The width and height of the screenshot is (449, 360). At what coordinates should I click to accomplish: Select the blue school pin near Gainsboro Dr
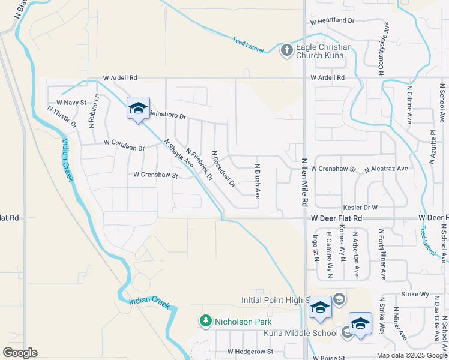[x=138, y=109]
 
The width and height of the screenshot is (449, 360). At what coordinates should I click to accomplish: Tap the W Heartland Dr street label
[x=333, y=20]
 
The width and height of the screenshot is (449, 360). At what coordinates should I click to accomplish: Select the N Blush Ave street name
[x=258, y=182]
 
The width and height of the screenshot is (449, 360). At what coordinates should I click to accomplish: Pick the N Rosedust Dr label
[x=223, y=169]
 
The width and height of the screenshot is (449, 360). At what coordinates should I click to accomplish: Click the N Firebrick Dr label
[x=200, y=164]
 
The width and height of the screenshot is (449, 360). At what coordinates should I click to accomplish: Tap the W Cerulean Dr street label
[x=124, y=143]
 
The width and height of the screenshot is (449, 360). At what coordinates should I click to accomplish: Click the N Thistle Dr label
[x=62, y=116]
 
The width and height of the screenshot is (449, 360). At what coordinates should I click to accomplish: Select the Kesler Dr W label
[x=360, y=207]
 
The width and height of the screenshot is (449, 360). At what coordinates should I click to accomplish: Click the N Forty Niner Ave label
[x=382, y=254]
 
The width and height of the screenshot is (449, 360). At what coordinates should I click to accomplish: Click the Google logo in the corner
[x=20, y=353]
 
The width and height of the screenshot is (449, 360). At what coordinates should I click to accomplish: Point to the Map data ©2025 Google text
[x=411, y=355]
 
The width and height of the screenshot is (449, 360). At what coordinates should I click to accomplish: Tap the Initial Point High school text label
[x=274, y=300]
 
